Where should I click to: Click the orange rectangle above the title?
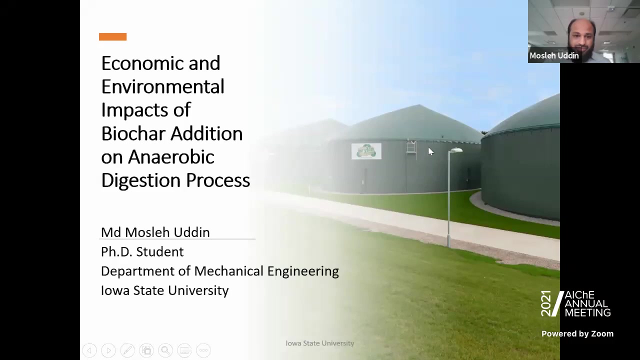[113, 37]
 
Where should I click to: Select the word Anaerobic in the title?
[171, 157]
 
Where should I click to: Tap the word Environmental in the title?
[163, 86]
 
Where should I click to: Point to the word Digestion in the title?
[141, 181]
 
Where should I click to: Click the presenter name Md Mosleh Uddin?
[155, 232]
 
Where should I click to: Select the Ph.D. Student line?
[142, 251]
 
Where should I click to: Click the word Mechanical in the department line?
[229, 271]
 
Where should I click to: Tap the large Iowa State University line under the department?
[165, 290]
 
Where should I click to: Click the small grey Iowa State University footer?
[320, 343]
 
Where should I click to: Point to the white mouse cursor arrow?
[431, 151]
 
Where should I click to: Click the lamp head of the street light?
[456, 150]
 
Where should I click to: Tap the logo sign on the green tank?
[366, 151]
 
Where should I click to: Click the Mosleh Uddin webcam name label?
[554, 55]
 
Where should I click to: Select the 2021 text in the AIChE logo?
[546, 303]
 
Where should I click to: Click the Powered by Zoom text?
[577, 333]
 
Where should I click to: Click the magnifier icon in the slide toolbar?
[165, 350]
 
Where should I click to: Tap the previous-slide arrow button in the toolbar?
[89, 350]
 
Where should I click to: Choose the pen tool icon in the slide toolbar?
[127, 350]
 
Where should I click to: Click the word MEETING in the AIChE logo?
[587, 312]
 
